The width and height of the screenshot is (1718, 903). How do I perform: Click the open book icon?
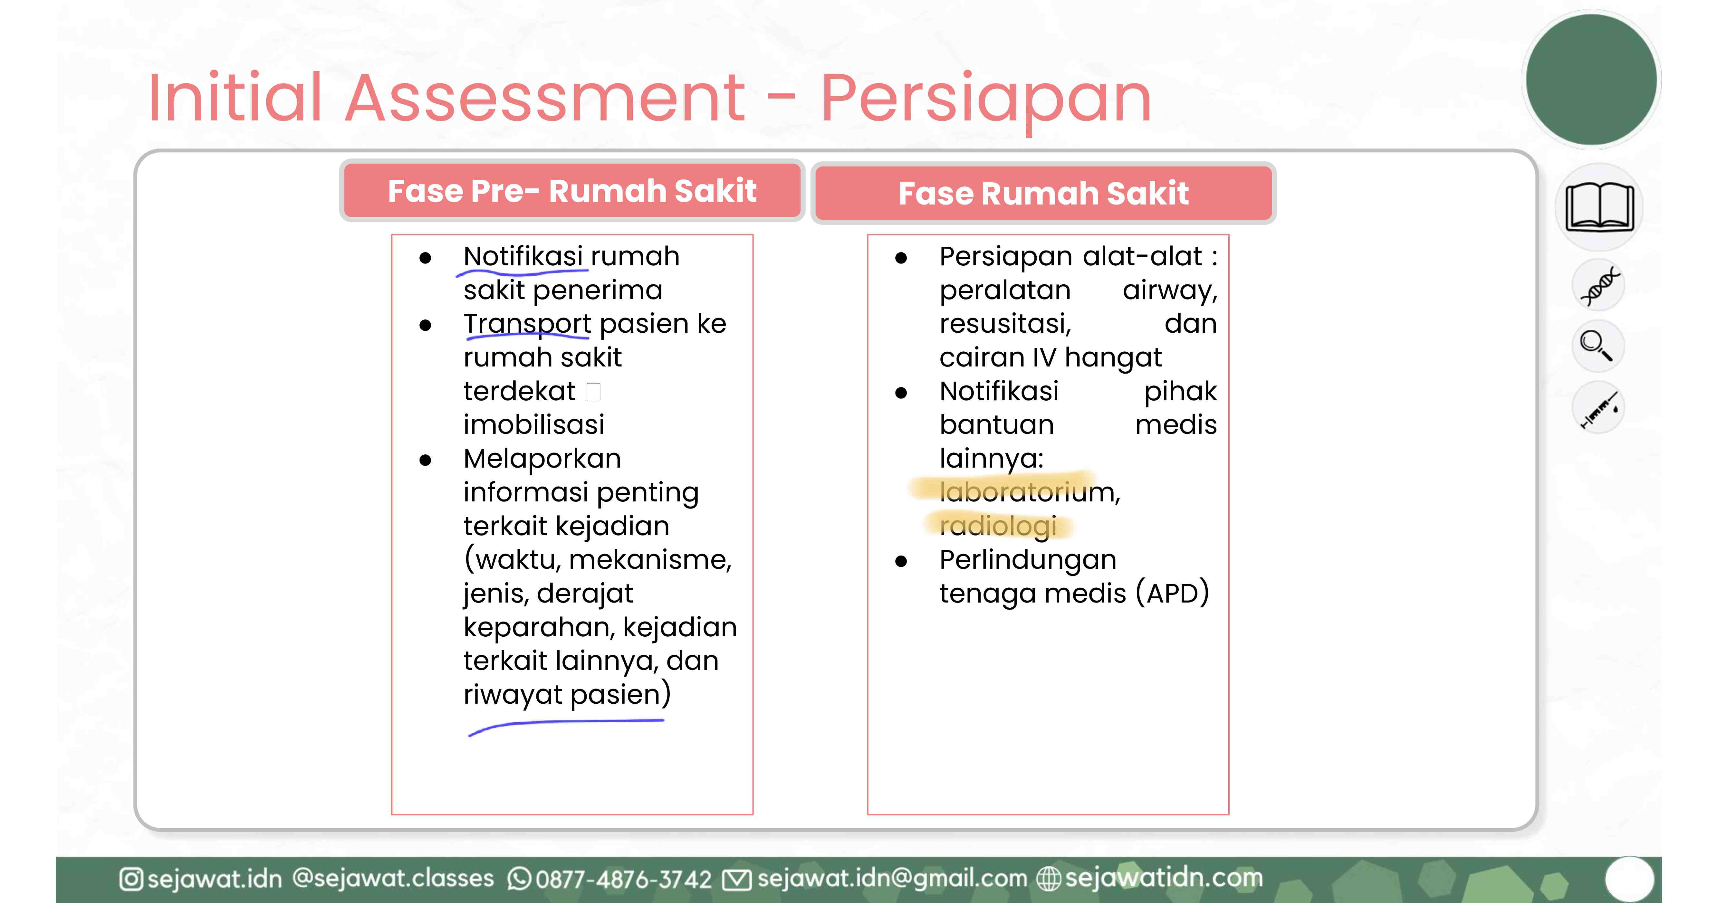(1599, 207)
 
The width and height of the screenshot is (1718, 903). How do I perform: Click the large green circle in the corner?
(1591, 80)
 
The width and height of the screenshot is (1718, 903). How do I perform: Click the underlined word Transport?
(527, 324)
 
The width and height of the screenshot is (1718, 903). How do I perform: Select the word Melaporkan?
(542, 459)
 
